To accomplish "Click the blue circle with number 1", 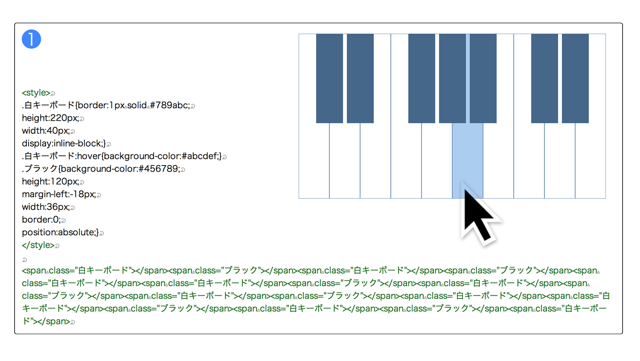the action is (x=32, y=39).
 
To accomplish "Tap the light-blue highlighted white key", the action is (x=468, y=160).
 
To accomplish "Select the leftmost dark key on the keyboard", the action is (x=329, y=78).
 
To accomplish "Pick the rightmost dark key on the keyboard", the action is (x=575, y=78).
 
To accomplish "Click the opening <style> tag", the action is (x=36, y=93).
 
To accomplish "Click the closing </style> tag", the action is (x=38, y=245).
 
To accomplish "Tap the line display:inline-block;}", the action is (x=64, y=143).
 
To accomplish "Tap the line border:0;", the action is (x=41, y=219).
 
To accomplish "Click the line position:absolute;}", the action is (x=60, y=232).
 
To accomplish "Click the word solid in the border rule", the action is (x=137, y=105).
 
